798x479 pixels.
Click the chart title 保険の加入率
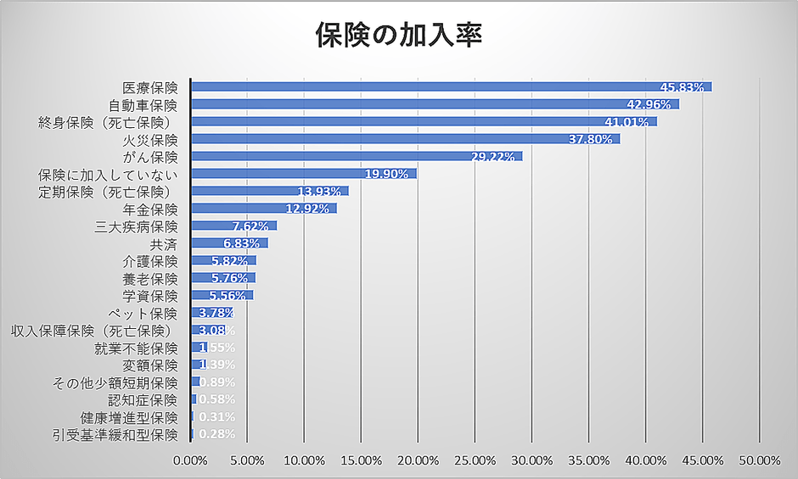pos(399,35)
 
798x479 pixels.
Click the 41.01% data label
pos(627,122)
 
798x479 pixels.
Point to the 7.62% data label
pos(250,226)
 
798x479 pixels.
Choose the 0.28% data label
pos(216,435)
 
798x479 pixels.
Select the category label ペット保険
pos(150,313)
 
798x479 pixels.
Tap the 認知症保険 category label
pos(143,399)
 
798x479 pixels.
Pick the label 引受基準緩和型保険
pos(115,435)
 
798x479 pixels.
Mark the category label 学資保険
pos(150,296)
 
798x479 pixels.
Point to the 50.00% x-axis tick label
pos(760,460)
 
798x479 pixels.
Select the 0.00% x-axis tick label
pos(190,460)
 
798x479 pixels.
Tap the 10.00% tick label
pos(304,460)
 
